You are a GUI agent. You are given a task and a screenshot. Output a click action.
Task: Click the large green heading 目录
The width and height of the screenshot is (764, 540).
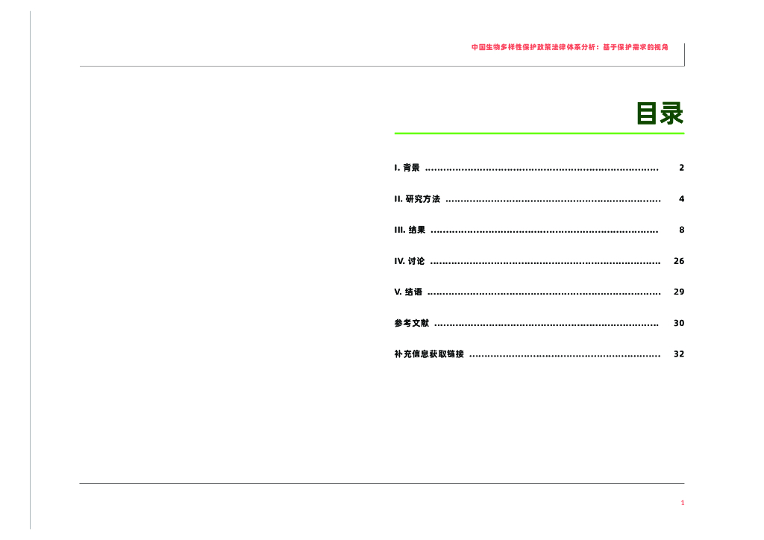click(660, 114)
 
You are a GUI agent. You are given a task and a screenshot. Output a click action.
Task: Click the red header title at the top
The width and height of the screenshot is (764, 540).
click(569, 47)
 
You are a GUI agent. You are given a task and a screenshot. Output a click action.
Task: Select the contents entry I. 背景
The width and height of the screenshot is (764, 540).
click(407, 168)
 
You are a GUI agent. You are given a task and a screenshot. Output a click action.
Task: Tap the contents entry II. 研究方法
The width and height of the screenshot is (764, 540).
click(417, 199)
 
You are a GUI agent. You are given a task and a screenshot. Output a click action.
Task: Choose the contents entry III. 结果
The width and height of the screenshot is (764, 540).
click(410, 230)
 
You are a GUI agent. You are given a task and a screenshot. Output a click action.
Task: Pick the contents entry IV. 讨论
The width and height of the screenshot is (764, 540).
click(410, 261)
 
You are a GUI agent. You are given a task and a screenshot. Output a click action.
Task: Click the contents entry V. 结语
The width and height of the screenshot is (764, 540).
click(408, 292)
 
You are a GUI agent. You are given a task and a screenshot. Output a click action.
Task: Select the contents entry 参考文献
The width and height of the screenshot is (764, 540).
click(411, 323)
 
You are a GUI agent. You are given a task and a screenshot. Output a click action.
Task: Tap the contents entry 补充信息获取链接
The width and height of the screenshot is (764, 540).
click(429, 354)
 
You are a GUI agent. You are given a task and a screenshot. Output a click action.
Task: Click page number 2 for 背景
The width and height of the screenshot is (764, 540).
click(682, 168)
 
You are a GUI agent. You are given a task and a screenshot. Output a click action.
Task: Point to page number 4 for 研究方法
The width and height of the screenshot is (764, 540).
click(682, 199)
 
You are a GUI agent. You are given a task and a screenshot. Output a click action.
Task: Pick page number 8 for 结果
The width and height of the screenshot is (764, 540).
click(682, 230)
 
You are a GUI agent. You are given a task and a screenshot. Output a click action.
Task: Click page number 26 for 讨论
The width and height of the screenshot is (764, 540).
click(679, 261)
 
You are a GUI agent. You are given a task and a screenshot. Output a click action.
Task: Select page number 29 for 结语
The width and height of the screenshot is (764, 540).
click(679, 292)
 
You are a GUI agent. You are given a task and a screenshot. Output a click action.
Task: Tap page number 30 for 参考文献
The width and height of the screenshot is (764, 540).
click(679, 323)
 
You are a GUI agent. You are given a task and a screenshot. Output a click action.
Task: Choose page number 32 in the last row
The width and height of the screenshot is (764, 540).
click(679, 354)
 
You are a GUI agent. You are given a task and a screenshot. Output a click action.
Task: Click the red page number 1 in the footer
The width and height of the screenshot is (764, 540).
click(682, 503)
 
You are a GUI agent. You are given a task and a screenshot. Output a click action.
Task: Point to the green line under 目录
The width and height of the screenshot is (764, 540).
click(539, 134)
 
